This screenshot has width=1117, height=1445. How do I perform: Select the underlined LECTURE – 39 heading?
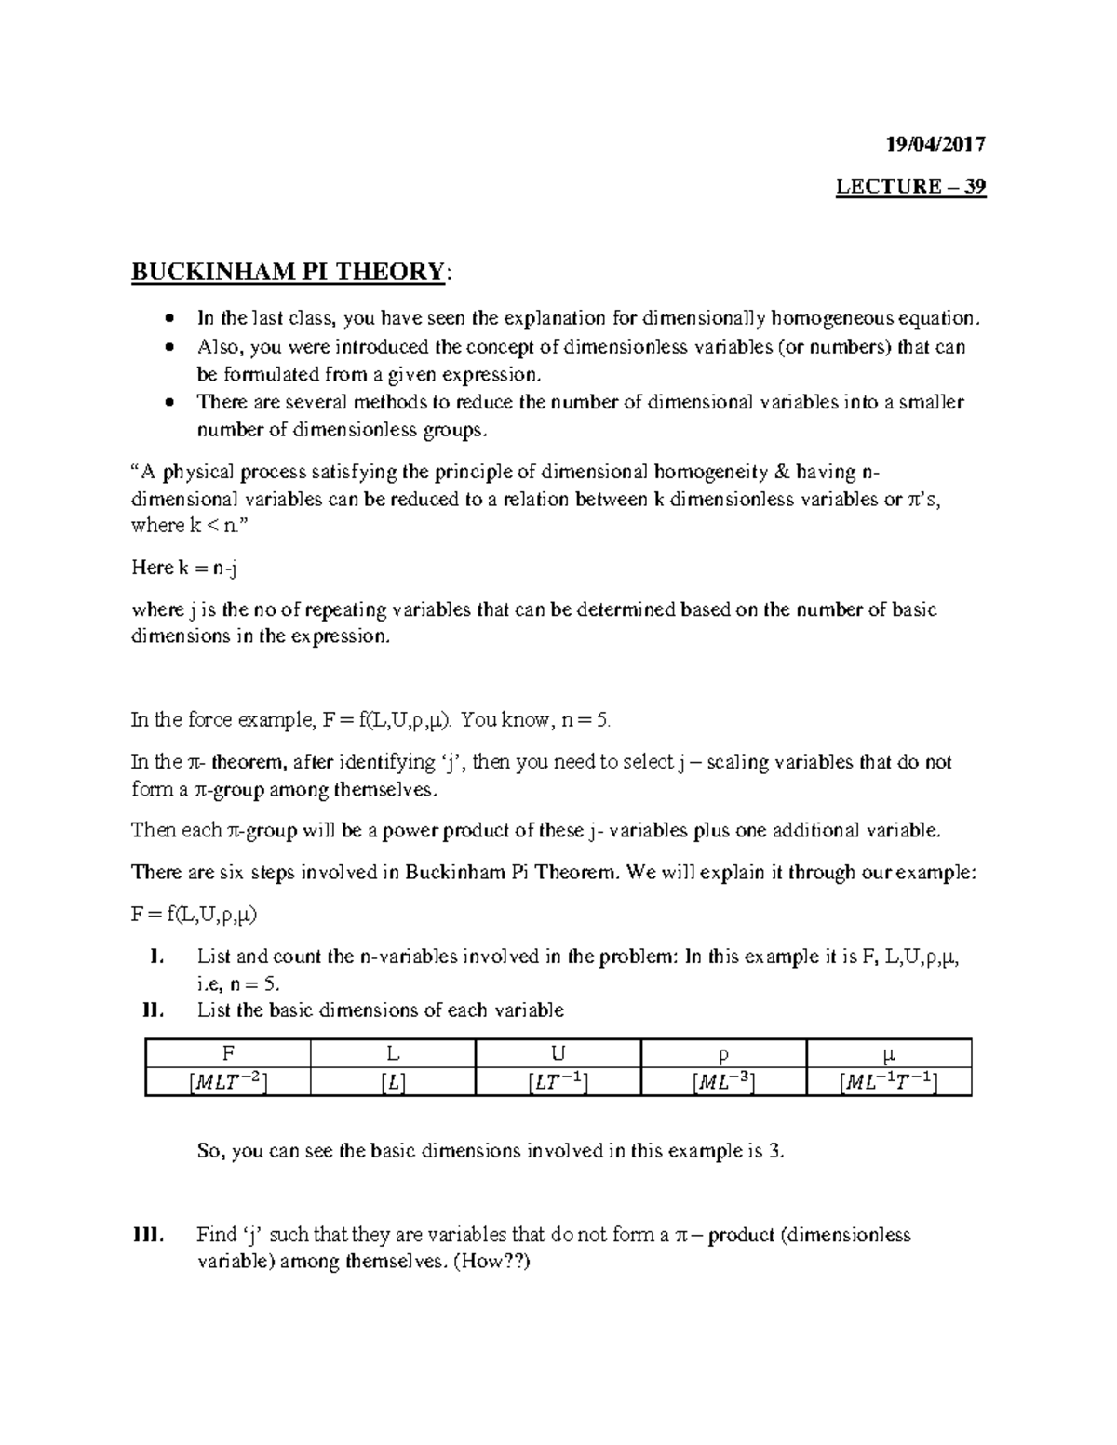click(x=910, y=186)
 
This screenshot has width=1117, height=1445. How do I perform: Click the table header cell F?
click(x=227, y=1053)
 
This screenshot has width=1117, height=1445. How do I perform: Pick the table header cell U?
click(x=558, y=1053)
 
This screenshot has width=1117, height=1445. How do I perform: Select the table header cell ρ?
click(x=723, y=1054)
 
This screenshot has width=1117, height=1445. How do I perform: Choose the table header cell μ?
click(x=889, y=1054)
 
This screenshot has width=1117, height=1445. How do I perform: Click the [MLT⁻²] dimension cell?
click(x=227, y=1081)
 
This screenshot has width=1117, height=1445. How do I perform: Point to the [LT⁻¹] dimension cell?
click(x=558, y=1081)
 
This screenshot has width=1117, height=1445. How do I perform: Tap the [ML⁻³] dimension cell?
click(x=723, y=1081)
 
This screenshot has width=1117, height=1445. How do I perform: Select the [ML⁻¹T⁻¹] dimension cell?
click(x=889, y=1081)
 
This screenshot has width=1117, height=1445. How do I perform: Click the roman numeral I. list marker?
click(x=155, y=957)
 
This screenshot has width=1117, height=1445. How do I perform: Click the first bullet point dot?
click(x=168, y=319)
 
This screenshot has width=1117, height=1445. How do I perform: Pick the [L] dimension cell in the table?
click(x=393, y=1081)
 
